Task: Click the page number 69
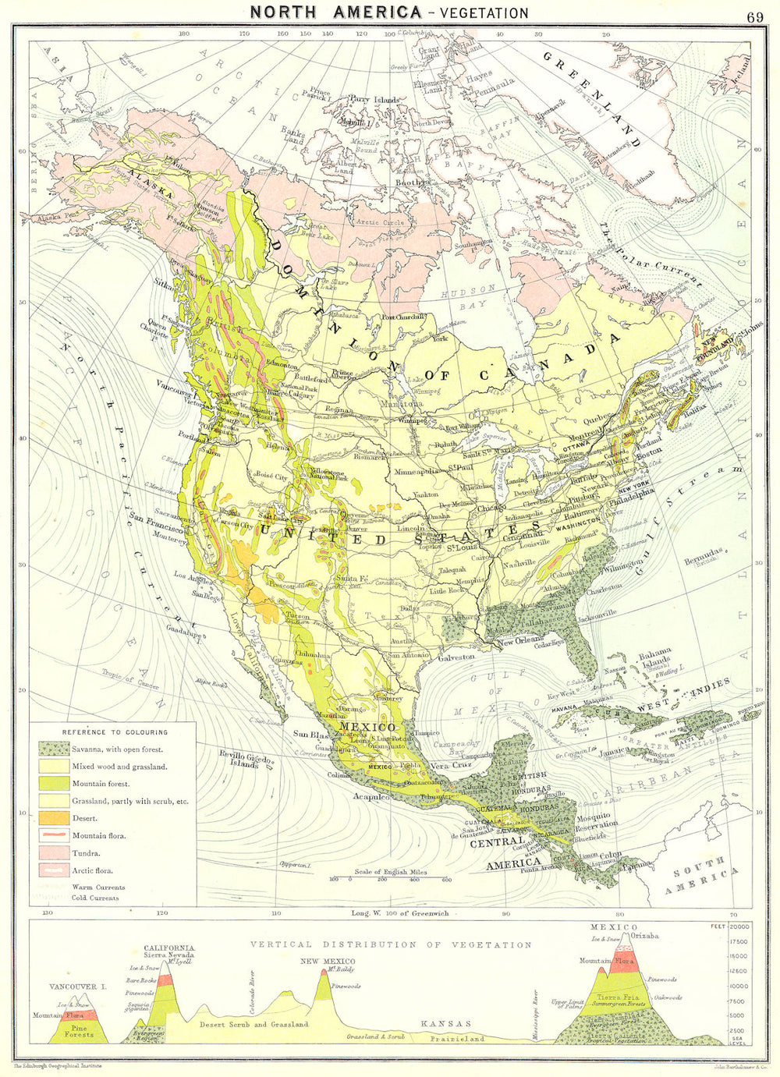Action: click(754, 16)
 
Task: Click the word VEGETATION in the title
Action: click(484, 13)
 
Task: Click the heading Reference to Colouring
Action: click(115, 732)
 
